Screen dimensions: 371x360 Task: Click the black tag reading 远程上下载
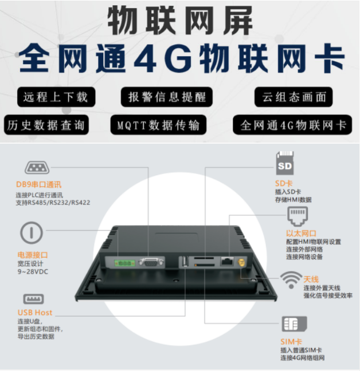56,97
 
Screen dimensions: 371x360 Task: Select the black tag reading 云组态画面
293,97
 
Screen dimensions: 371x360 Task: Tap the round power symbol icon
32,234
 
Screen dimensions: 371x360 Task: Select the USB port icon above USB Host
33,299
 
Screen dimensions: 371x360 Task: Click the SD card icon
285,165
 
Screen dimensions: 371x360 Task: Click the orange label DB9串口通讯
38,185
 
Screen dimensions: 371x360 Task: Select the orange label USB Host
34,313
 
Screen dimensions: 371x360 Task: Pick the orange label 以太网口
302,234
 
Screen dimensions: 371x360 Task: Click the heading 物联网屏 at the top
180,21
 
